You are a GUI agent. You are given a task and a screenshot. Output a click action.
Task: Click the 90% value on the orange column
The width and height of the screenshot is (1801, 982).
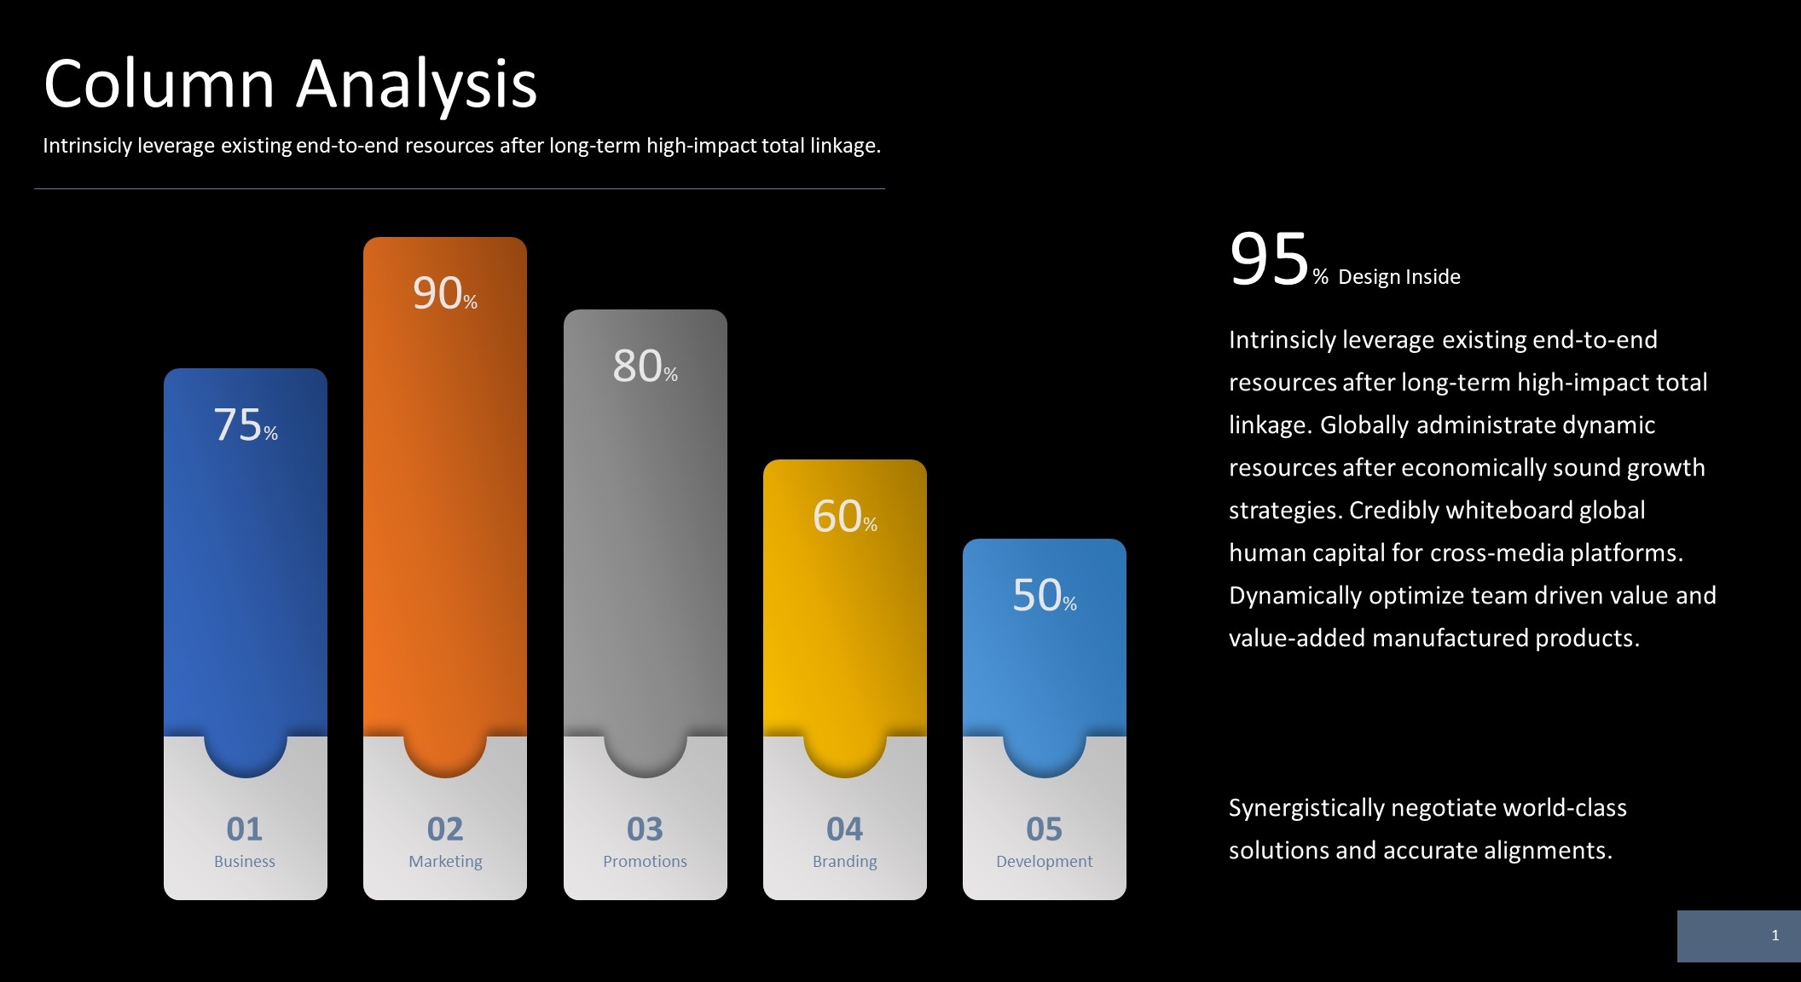point(444,293)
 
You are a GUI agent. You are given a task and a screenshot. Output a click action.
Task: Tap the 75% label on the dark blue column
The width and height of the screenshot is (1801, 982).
point(245,425)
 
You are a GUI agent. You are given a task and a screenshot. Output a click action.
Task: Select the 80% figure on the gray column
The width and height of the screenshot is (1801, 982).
point(645,366)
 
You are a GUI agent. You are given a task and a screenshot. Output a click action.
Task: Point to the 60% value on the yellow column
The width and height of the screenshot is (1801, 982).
point(844,517)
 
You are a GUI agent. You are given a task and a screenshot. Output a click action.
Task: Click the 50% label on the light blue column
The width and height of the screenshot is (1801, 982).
point(1044,595)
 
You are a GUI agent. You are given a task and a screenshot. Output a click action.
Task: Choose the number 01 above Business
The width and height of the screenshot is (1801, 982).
point(245,829)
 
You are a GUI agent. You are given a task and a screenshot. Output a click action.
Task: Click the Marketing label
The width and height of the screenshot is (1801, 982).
point(445,861)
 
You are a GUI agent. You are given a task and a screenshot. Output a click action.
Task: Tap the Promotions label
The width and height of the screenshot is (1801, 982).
point(645,861)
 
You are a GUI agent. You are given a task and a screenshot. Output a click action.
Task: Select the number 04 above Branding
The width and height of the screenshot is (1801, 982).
point(844,829)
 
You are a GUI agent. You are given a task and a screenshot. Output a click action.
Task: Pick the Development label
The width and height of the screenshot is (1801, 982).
point(1044,861)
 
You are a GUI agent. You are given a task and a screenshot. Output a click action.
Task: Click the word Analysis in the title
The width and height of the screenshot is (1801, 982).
point(416,85)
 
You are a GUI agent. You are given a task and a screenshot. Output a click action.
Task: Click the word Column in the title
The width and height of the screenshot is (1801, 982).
point(159,85)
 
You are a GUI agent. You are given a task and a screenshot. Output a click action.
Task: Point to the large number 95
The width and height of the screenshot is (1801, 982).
point(1269,259)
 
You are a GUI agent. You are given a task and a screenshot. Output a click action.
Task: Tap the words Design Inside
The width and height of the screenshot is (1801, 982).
point(1399,277)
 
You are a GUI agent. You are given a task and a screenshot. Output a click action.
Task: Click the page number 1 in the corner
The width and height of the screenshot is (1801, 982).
point(1775,935)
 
